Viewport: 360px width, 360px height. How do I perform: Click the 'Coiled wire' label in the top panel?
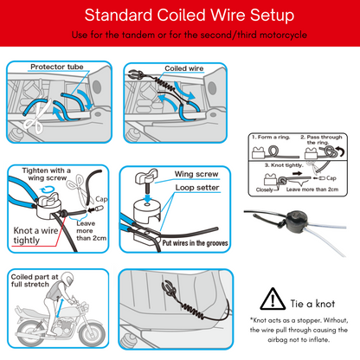coord(183,67)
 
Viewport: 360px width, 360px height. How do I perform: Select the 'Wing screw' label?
coord(196,173)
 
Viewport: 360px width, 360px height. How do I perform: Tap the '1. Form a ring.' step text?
coord(270,138)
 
